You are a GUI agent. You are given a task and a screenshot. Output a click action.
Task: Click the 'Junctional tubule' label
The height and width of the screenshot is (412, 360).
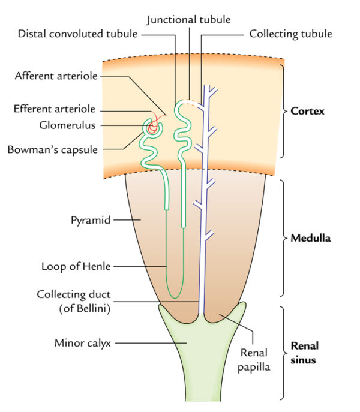coord(189,19)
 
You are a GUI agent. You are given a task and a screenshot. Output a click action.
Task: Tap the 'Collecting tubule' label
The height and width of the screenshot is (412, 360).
coord(290,33)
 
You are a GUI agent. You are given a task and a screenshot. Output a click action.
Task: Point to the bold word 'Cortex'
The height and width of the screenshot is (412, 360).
coord(307,111)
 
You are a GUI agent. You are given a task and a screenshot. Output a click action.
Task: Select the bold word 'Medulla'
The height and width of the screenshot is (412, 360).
coord(311,238)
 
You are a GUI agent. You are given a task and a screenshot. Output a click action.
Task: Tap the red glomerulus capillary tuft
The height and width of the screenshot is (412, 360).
coord(155,125)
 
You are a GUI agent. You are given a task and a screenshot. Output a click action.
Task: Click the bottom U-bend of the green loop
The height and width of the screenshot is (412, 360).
coord(174,294)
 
